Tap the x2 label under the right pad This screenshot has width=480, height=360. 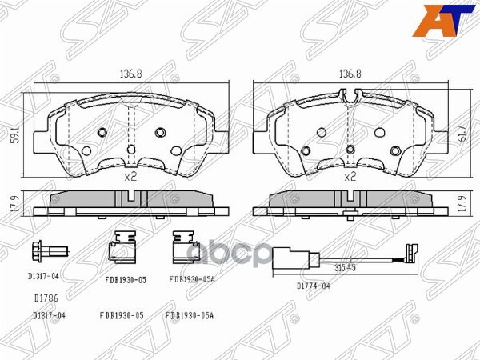coord(349,176)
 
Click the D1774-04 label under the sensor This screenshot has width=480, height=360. coord(314,286)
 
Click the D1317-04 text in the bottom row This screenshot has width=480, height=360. coord(49,316)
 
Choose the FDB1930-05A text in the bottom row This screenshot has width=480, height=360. coord(190,316)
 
